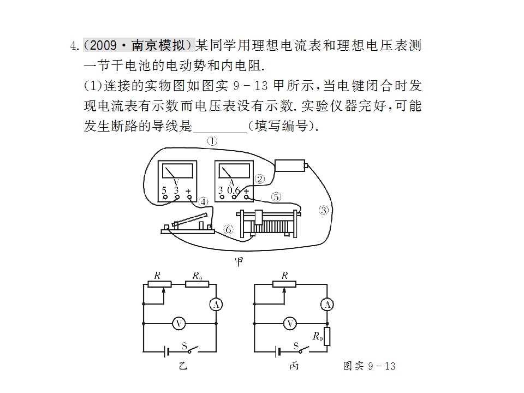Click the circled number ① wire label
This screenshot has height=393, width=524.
point(212,141)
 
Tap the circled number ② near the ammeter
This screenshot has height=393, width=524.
point(260,179)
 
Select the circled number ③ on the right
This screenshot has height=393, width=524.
point(323,210)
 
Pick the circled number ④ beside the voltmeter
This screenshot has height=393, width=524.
point(203,202)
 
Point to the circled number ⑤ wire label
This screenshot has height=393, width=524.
point(276,197)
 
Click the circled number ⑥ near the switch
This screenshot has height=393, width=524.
point(228,230)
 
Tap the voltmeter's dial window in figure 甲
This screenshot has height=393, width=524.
point(177,171)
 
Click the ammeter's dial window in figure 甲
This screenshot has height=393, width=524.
point(234,171)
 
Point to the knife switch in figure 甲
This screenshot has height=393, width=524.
point(188,224)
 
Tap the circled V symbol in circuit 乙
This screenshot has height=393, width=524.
point(179,324)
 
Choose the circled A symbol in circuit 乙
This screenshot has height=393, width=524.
point(216,305)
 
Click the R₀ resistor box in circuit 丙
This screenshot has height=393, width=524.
point(327,337)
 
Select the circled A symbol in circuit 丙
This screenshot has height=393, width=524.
point(327,305)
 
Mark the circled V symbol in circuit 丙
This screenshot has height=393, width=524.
point(290,324)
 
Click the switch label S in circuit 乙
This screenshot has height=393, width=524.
point(184,346)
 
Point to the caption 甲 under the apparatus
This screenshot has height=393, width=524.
point(239,261)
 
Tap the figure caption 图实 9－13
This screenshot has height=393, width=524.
point(370,366)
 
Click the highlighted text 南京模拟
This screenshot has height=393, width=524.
point(158,45)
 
